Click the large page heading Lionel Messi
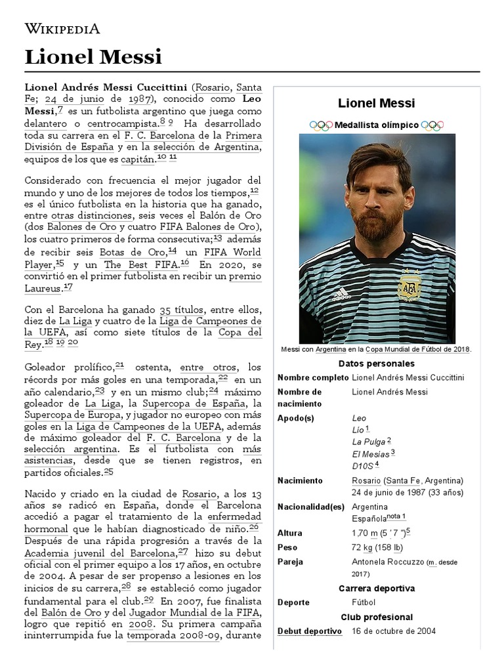coord(93,57)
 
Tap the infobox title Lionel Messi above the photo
coord(376,103)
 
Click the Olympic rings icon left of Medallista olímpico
coord(321,125)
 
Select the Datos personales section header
coord(376,363)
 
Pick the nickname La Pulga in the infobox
coord(367,442)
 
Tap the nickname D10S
coord(362,466)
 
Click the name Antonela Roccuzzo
coord(387,562)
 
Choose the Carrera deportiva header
coord(376,587)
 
